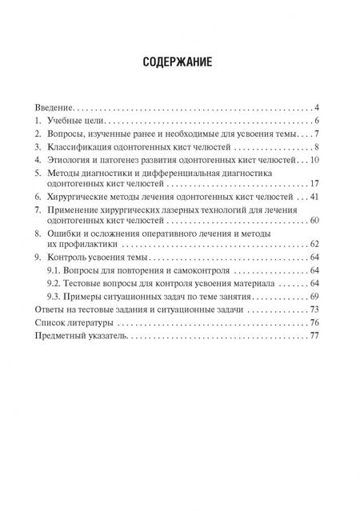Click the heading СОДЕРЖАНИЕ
pyautogui.click(x=180, y=64)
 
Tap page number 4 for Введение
pyautogui.click(x=318, y=107)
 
